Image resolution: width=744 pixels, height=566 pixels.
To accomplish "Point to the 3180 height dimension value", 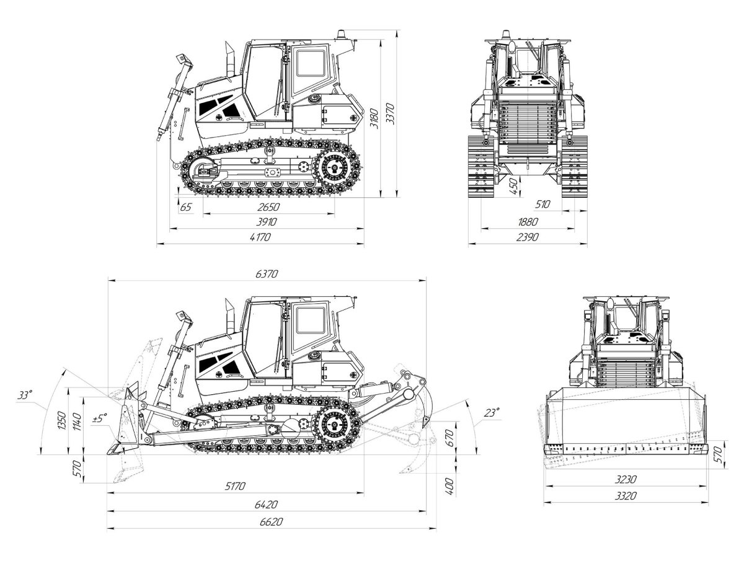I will pos(372,118).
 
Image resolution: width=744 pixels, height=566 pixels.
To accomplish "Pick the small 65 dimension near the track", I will pos(185,207).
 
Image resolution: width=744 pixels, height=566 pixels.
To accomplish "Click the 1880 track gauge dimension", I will pos(528,221).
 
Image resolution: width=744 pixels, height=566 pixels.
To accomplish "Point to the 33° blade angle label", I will pos(25,395).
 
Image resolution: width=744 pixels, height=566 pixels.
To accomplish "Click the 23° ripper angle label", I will pos(491,412).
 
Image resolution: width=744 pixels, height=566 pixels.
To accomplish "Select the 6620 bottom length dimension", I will pos(272,522).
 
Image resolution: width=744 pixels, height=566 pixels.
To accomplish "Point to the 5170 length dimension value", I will pos(236,486).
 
